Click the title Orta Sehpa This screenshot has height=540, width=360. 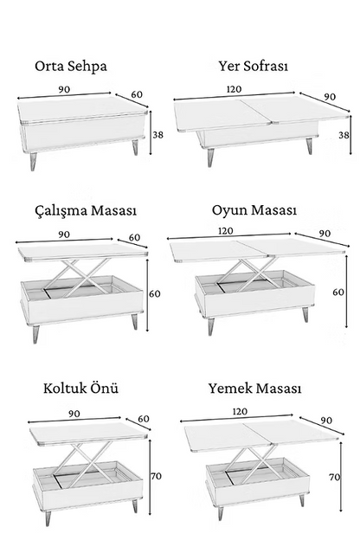(x=71, y=66)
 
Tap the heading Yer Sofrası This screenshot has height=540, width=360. (x=254, y=66)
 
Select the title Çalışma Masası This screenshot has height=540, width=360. (x=86, y=210)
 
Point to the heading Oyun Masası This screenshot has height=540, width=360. (x=254, y=209)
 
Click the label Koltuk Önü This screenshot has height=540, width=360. (x=81, y=388)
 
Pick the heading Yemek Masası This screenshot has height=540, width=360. (x=254, y=388)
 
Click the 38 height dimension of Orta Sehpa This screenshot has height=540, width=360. (x=157, y=135)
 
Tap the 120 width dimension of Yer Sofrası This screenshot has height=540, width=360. (x=234, y=89)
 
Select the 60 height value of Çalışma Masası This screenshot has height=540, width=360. (x=155, y=293)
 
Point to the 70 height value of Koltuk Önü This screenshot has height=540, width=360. (x=156, y=476)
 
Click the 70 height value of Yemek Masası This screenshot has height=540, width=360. (x=335, y=478)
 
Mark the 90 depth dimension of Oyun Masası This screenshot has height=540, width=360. (x=325, y=234)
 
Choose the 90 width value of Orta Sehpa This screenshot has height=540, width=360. (x=64, y=89)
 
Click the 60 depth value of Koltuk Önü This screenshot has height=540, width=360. (x=144, y=419)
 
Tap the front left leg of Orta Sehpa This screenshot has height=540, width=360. (x=34, y=162)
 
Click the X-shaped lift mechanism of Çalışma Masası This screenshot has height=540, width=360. (x=79, y=278)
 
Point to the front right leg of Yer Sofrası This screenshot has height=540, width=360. (x=309, y=146)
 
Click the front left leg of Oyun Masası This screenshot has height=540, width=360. (x=211, y=326)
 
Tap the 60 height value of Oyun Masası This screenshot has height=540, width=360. (x=338, y=292)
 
